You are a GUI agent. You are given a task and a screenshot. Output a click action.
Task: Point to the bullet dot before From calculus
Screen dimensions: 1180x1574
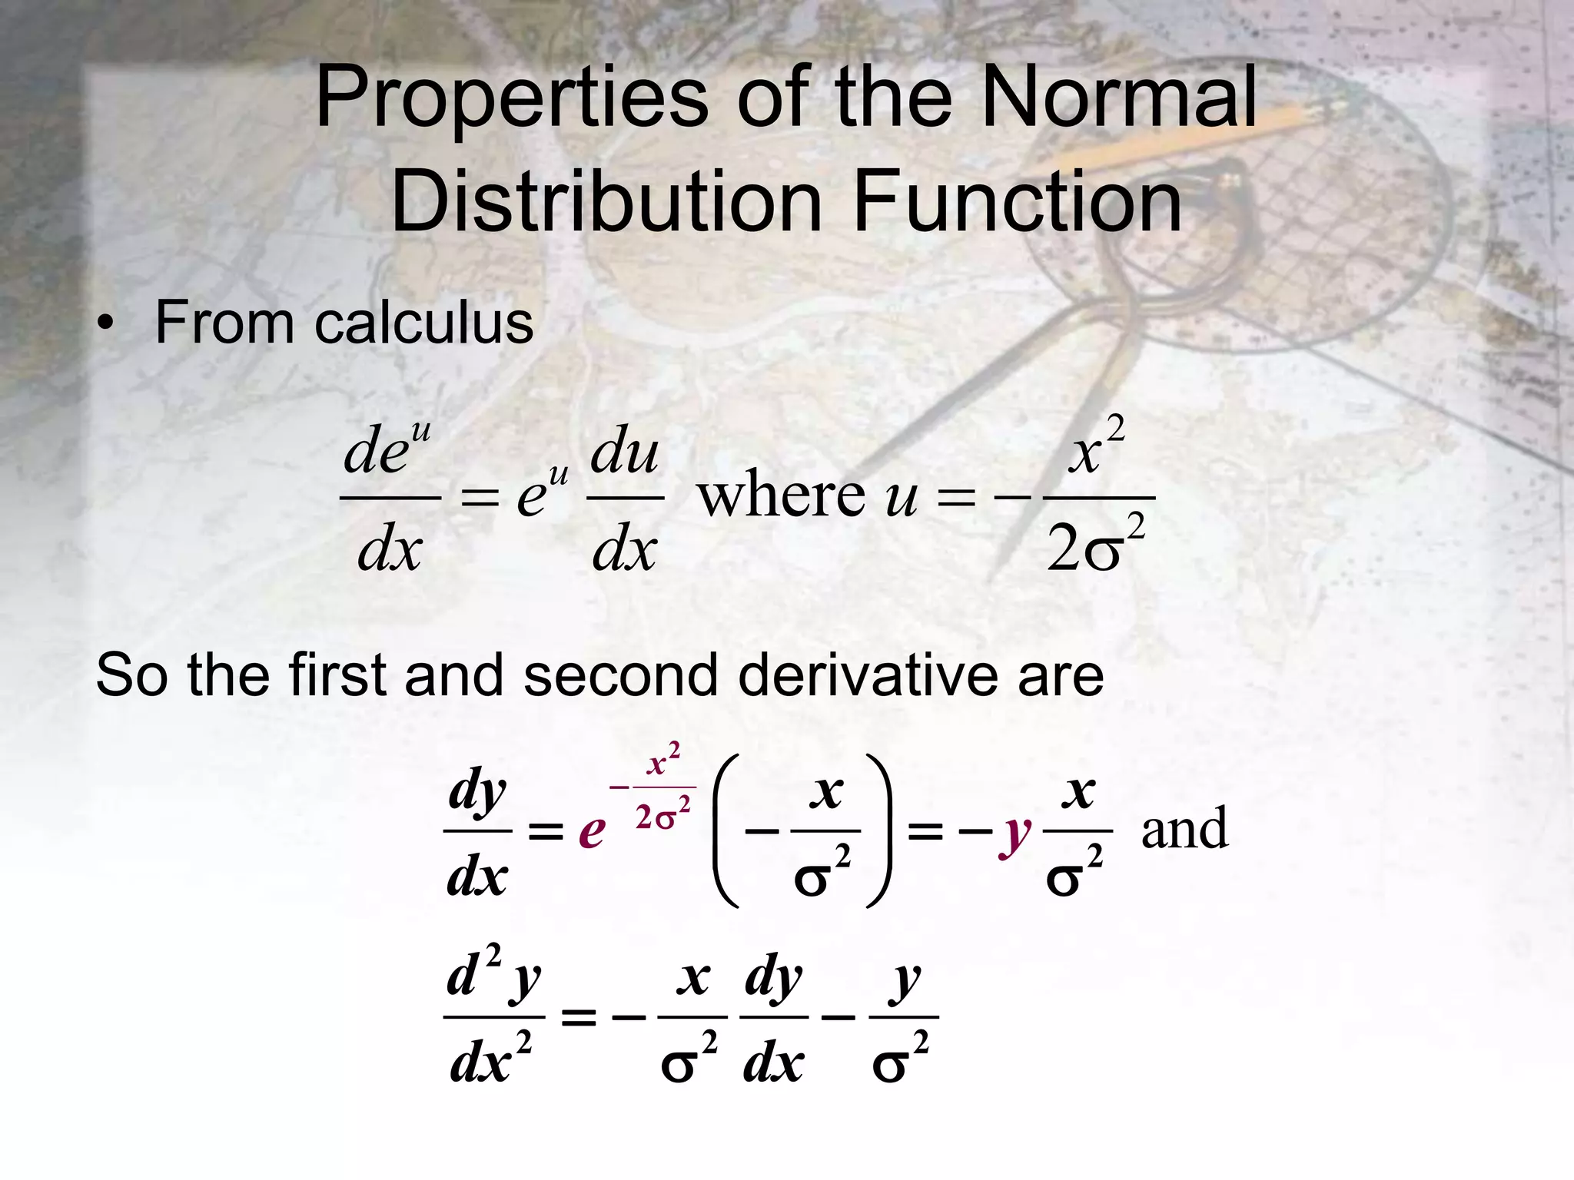point(105,324)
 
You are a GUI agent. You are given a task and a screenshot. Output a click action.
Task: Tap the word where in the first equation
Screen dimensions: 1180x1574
point(780,496)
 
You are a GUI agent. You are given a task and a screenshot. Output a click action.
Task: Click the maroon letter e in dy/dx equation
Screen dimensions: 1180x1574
point(592,830)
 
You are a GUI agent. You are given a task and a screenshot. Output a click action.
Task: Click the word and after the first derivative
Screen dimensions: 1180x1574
point(1184,830)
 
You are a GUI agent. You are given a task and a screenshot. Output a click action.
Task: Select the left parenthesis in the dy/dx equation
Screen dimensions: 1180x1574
point(726,830)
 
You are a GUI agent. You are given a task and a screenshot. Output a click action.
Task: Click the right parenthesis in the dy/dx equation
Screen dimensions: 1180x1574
point(879,830)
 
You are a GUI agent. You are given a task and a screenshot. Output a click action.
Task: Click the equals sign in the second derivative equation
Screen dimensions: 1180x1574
point(579,1019)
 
